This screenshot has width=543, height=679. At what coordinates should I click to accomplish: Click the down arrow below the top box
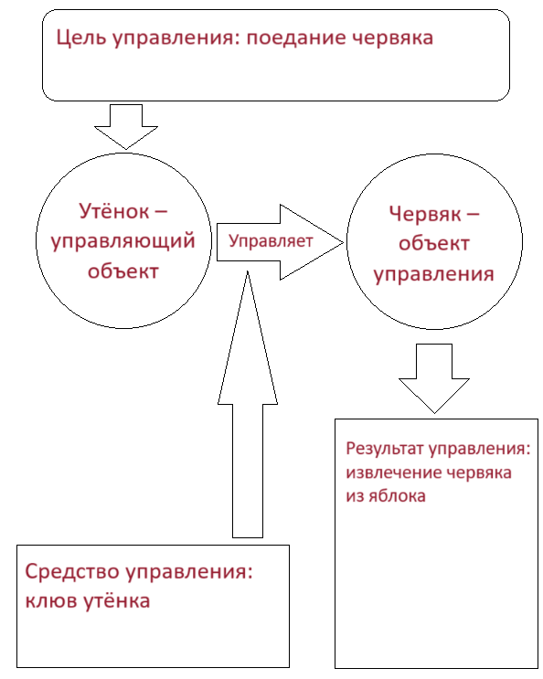pos(127,127)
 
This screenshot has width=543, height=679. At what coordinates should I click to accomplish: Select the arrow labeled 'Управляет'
pos(274,241)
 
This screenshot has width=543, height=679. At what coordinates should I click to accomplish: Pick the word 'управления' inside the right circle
pos(436,273)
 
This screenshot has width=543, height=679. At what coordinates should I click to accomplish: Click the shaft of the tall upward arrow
pos(248,466)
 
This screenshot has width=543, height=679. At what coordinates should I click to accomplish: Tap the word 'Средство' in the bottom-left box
pos(72,573)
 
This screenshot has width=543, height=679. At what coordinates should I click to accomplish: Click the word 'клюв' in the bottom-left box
pos(48,602)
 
